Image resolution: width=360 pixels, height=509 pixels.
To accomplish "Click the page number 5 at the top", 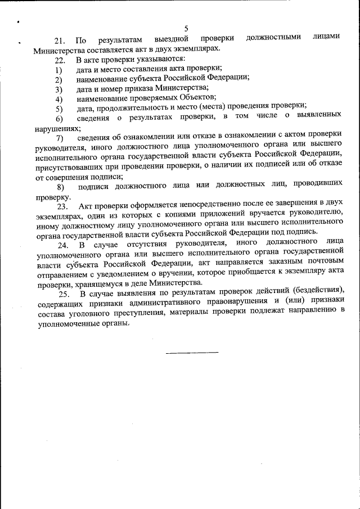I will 186,29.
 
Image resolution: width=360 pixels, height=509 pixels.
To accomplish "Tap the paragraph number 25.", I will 64,294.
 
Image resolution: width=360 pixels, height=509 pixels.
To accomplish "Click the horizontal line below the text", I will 192,353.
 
